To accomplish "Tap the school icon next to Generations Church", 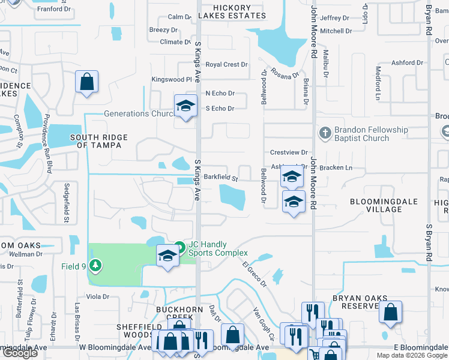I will tap(186, 106).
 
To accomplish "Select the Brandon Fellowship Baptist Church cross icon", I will tap(325, 133).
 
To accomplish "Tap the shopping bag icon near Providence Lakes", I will tap(87, 82).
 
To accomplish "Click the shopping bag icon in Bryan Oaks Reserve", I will tap(390, 312).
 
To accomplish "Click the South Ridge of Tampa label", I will tap(99, 141).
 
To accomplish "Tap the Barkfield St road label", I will tap(221, 178).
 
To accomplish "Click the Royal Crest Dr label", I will tap(226, 64).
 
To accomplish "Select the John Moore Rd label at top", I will tap(313, 30).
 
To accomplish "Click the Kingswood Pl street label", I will tap(172, 79).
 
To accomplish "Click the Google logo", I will tap(20, 353).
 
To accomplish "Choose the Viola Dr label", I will tap(97, 296).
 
